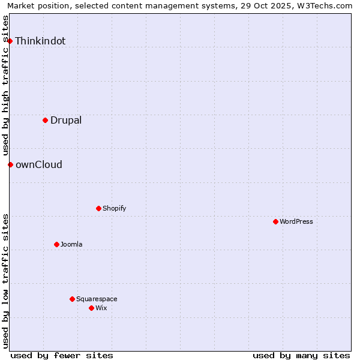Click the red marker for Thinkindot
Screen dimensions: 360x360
tap(10, 41)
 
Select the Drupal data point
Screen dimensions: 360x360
tap(45, 120)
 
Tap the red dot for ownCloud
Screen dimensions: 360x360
tap(10, 164)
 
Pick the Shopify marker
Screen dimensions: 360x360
tap(98, 208)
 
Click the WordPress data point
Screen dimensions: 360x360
tap(275, 221)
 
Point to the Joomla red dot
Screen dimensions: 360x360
tap(56, 244)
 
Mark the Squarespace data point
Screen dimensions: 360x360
tap(72, 299)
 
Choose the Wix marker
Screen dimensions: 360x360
tap(91, 308)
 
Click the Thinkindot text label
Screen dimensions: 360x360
tap(40, 41)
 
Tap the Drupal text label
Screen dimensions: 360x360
tap(66, 120)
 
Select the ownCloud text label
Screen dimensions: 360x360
tap(39, 164)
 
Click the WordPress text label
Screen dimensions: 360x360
tap(296, 221)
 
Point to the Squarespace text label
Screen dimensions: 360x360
tap(97, 299)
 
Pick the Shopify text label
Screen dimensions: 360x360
tap(114, 208)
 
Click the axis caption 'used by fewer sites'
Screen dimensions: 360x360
tap(62, 355)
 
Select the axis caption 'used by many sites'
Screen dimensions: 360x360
tap(301, 355)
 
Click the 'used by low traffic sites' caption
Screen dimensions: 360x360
tap(5, 280)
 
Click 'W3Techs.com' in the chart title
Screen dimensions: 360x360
tap(326, 6)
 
